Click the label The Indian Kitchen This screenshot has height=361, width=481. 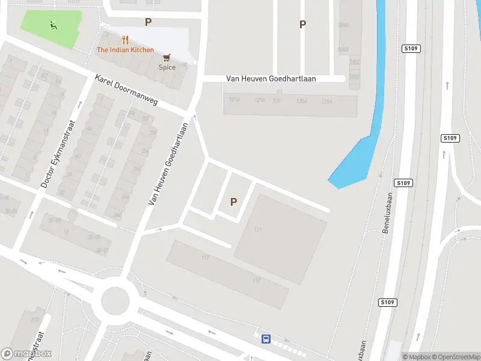[125, 50]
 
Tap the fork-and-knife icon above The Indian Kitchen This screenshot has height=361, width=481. [125, 40]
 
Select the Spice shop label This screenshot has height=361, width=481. [167, 67]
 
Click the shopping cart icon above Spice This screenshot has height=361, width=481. [167, 57]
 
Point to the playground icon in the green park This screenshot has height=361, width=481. [53, 25]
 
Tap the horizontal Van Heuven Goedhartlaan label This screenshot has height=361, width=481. [279, 78]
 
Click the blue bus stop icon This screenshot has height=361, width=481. [266, 339]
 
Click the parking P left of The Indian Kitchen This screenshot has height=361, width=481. [148, 22]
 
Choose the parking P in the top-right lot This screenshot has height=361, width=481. [303, 24]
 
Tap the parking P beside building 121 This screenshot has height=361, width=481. [233, 202]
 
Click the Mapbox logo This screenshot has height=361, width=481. [26, 354]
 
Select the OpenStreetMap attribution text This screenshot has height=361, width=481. [453, 357]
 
